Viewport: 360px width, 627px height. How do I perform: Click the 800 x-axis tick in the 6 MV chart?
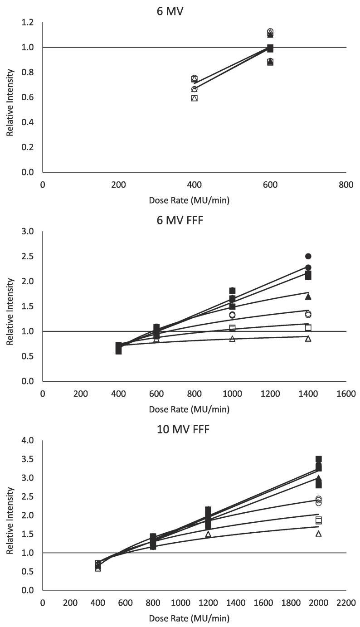pos(346,184)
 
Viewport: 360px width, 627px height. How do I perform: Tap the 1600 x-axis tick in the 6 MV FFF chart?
pos(346,394)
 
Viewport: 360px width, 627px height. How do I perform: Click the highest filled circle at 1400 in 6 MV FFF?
pos(308,256)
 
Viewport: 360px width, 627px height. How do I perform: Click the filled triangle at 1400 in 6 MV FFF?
pos(308,296)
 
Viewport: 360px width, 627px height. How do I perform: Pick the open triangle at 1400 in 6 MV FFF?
pos(308,339)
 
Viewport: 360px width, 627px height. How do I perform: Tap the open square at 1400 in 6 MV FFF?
pos(308,327)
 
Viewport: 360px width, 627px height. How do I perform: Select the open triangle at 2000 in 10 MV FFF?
pos(318,534)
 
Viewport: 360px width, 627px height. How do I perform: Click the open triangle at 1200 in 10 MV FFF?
pos(208,535)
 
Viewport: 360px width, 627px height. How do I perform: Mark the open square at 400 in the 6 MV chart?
pos(195,98)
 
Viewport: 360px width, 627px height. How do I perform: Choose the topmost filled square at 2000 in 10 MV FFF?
pos(318,459)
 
